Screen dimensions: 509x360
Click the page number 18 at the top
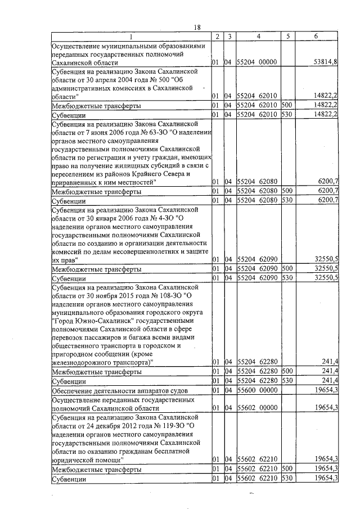click(x=197, y=28)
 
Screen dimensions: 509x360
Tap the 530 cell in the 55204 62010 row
click(x=287, y=114)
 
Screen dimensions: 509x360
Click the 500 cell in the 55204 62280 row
click(x=287, y=371)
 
